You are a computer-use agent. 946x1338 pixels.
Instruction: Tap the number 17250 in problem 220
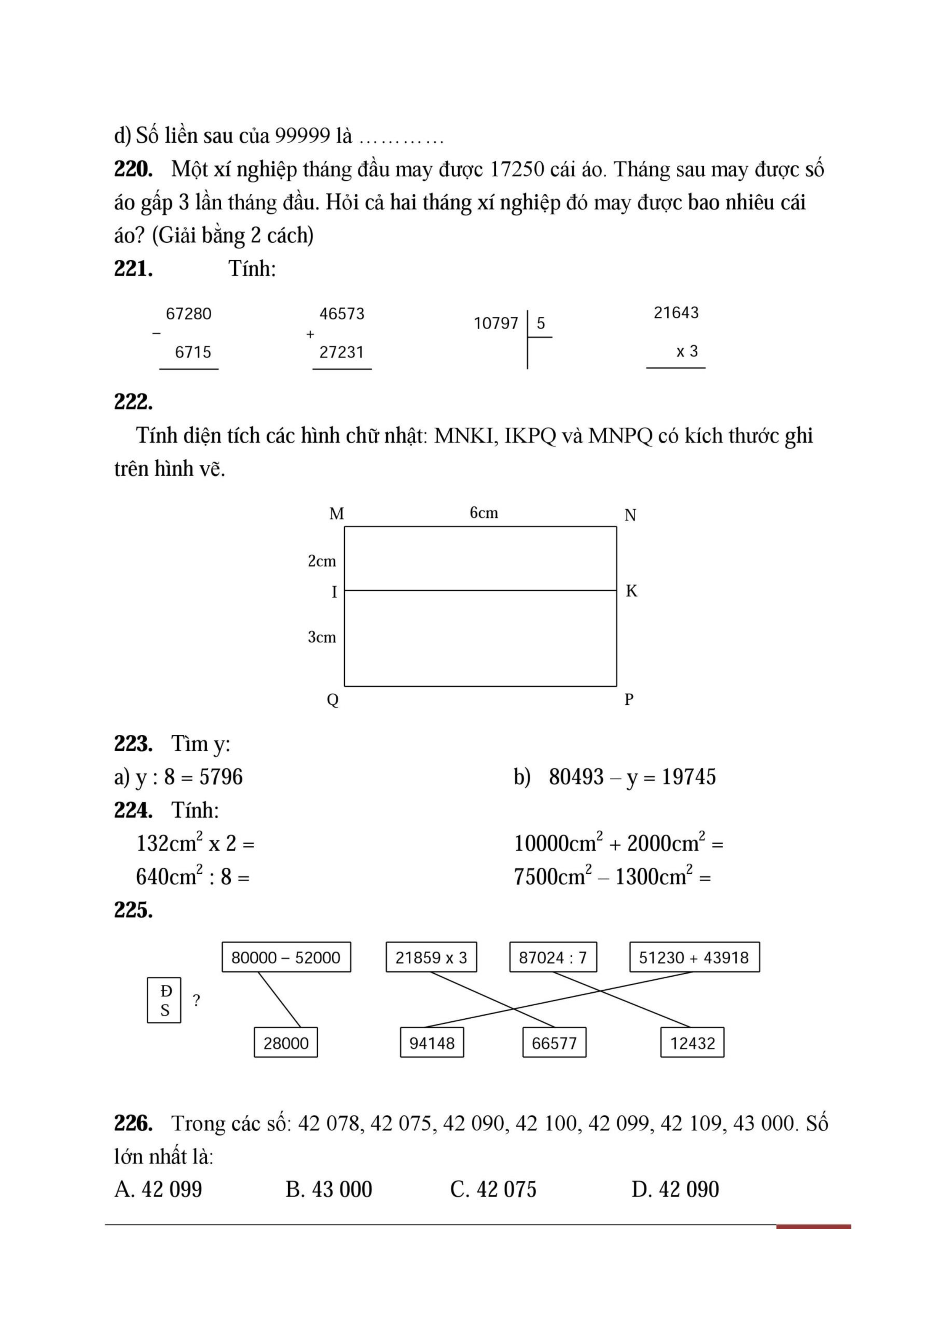click(x=517, y=169)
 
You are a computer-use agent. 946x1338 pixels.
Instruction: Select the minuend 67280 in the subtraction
click(x=189, y=314)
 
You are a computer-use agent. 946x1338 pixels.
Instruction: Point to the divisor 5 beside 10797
click(x=541, y=324)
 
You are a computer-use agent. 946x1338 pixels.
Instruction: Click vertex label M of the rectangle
click(x=337, y=514)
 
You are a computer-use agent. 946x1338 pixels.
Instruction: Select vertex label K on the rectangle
click(x=631, y=591)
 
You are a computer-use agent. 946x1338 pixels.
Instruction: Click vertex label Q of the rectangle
click(x=332, y=699)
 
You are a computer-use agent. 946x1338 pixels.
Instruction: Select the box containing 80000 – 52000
click(x=286, y=958)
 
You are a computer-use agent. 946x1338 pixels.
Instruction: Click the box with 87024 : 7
click(x=553, y=958)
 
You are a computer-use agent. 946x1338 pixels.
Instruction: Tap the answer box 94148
click(x=432, y=1043)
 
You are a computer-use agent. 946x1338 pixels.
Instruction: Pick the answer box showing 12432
click(x=692, y=1043)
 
